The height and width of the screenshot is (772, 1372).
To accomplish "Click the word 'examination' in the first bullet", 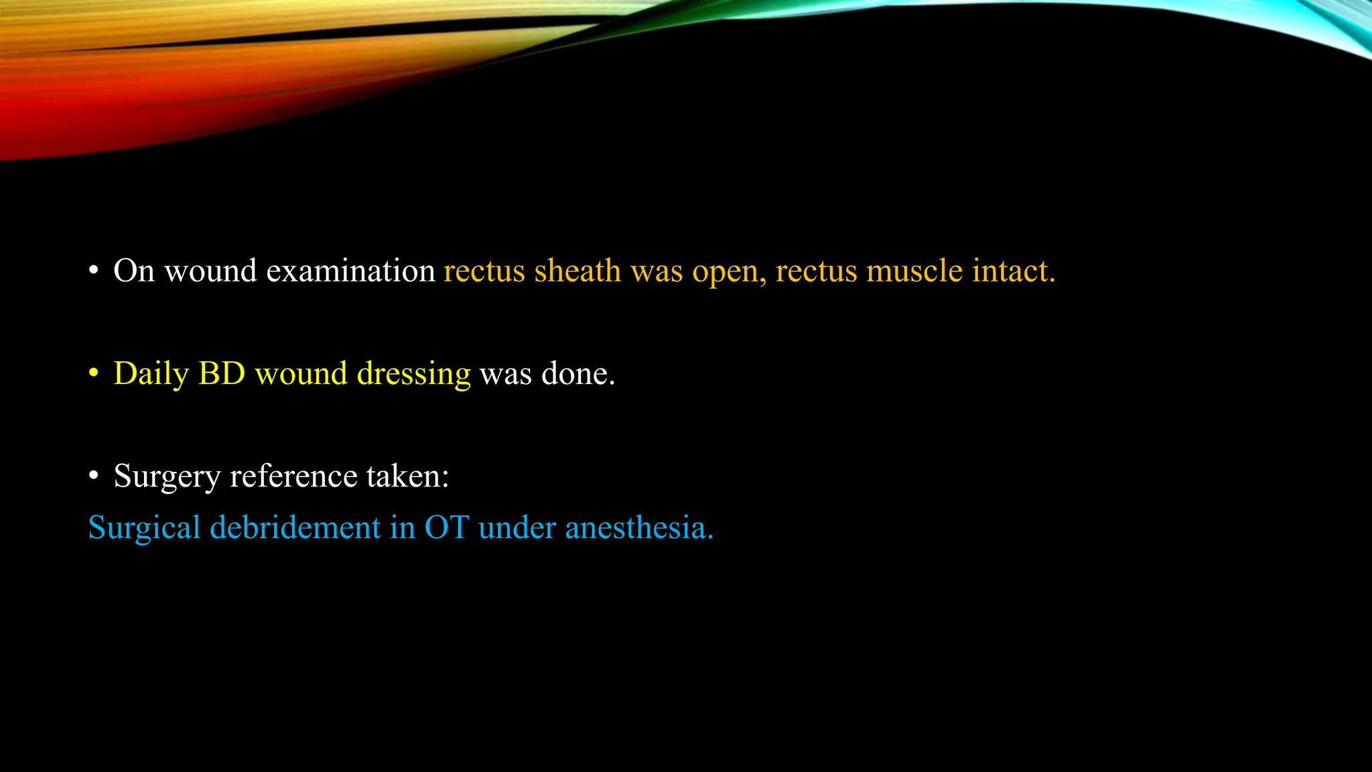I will [x=350, y=271].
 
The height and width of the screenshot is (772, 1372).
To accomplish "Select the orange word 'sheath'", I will [x=577, y=271].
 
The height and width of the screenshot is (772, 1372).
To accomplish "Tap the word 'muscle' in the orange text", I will [x=914, y=271].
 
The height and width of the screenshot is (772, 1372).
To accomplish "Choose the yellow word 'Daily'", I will [x=151, y=374].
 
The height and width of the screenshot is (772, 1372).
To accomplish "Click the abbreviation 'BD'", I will [x=222, y=373].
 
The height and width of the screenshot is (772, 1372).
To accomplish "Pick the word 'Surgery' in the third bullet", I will [x=167, y=477].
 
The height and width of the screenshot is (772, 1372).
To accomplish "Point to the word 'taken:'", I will [x=407, y=476].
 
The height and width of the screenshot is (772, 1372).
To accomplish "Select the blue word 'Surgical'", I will [x=144, y=528].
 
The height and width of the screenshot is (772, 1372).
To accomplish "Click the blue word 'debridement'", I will [x=295, y=527].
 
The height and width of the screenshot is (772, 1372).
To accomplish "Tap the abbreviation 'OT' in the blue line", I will [x=447, y=527].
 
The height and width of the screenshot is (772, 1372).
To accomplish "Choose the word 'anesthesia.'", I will [x=639, y=527].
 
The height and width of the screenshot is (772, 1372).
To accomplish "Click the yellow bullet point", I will [x=94, y=373].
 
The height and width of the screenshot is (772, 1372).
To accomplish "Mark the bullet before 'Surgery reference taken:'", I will [x=94, y=476].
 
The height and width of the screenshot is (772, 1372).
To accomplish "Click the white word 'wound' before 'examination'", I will [x=210, y=271].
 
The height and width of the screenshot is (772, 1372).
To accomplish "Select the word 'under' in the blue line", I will [x=517, y=527].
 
